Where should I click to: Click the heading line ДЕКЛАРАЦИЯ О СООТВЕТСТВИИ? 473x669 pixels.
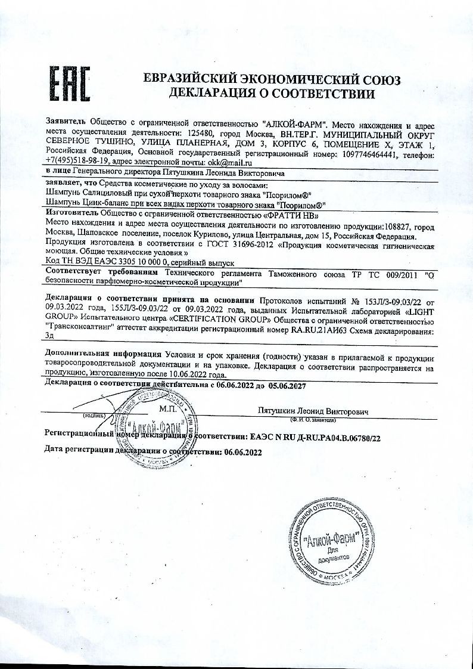pos(272,94)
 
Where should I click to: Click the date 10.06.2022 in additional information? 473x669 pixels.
pos(201,376)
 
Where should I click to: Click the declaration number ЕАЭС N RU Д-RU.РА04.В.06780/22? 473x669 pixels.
pos(314,438)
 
